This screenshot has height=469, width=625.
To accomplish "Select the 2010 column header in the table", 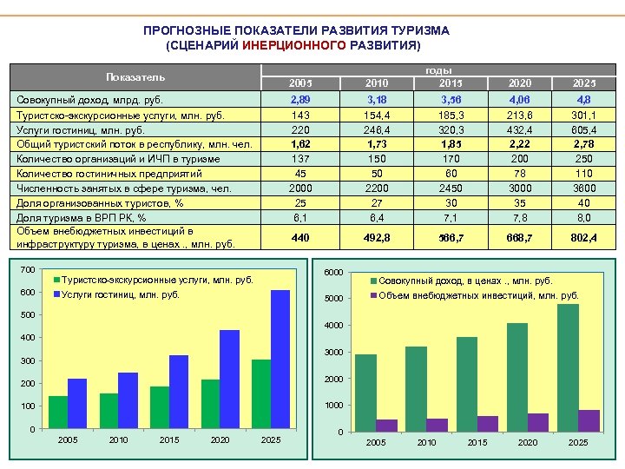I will [377, 83].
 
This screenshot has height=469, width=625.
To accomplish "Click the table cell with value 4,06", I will [520, 102].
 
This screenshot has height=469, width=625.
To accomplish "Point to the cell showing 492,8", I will [377, 237].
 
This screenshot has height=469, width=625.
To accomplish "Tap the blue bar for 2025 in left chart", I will [280, 359].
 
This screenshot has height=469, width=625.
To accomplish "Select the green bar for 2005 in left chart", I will [58, 413].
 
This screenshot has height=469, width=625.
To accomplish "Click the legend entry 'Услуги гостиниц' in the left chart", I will [121, 294].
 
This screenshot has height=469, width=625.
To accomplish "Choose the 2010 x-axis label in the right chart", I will [426, 443].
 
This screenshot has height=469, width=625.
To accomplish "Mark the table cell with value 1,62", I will [300, 144].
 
